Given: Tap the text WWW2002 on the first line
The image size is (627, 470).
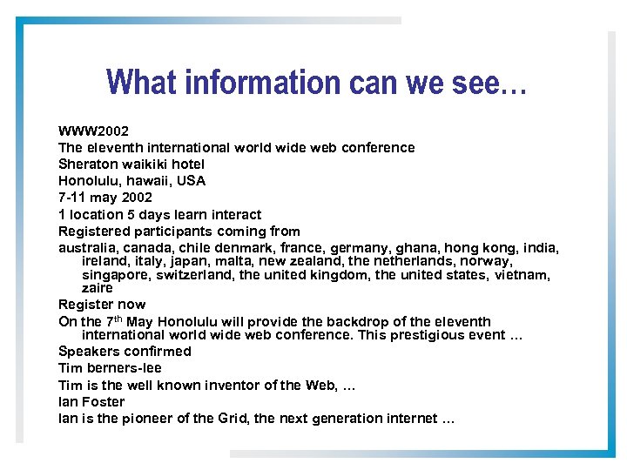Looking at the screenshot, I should click(93, 131).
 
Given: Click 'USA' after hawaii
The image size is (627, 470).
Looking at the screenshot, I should click(191, 181).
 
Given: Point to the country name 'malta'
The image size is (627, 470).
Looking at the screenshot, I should click(225, 261).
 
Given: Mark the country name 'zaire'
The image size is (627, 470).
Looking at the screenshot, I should click(98, 288).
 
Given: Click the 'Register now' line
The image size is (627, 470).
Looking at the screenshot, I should click(102, 305).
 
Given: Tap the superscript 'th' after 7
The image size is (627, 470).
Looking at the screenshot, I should click(118, 318).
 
